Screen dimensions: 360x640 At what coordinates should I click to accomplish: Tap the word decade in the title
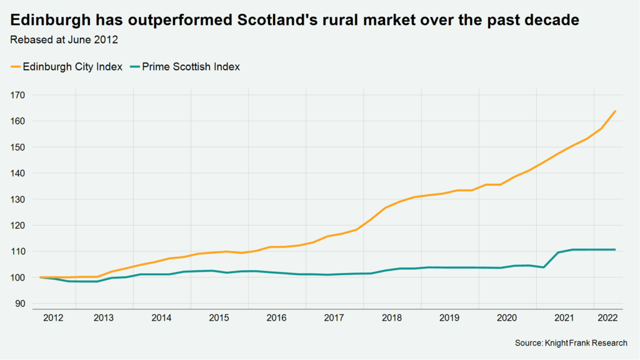coord(546,20)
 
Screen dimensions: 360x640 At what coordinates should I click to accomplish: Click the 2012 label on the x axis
coord(52,317)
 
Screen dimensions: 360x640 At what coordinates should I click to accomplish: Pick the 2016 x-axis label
coord(276,317)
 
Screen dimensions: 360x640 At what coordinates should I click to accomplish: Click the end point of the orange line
coord(616,111)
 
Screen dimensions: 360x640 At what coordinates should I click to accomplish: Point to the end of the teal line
coord(616,250)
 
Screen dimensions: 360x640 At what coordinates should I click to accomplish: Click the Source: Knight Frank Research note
coord(571,343)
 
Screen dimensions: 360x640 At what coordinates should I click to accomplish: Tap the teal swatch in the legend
coord(134,66)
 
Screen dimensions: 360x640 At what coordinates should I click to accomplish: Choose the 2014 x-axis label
coord(161,317)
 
